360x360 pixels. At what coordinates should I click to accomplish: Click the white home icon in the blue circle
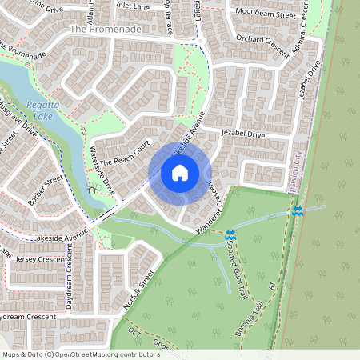click(180, 172)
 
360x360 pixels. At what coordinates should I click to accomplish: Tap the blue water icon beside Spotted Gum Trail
click(230, 235)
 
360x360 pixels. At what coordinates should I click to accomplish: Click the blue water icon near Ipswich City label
click(297, 210)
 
